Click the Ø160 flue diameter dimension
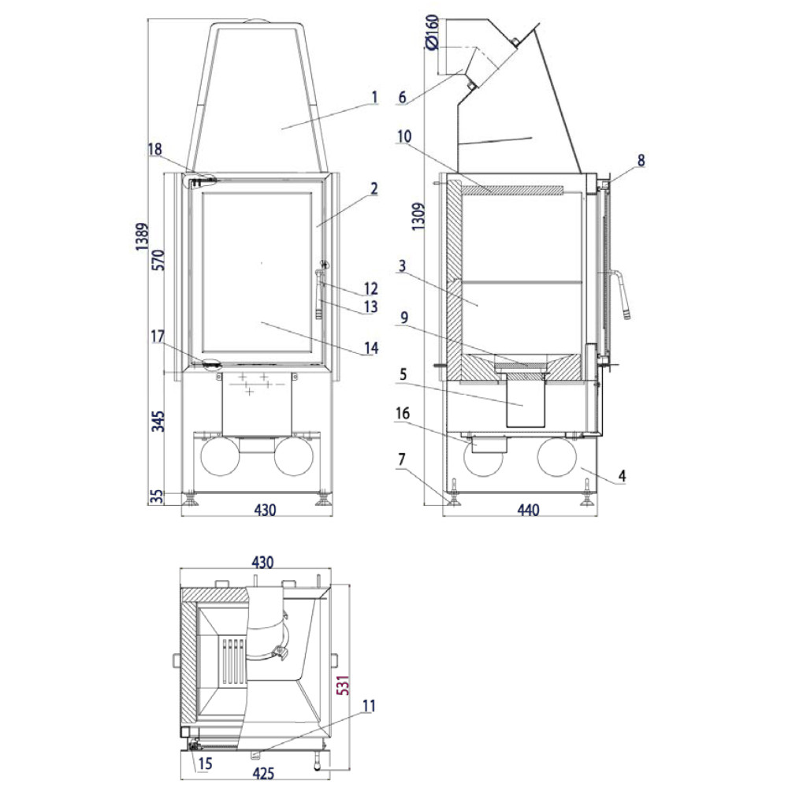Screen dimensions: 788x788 432,33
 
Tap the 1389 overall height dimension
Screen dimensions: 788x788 142,236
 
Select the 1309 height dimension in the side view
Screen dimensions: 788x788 418,217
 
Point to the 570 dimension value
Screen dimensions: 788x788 158,260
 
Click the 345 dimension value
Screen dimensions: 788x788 158,421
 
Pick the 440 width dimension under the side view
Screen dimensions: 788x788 528,510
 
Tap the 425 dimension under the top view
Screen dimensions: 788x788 263,773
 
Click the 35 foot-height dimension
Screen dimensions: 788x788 158,496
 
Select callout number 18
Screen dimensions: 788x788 154,149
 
